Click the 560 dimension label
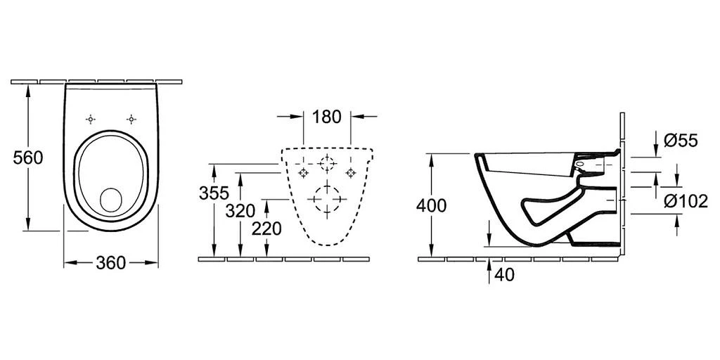(x=28, y=157)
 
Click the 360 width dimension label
(x=110, y=263)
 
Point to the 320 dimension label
(x=241, y=210)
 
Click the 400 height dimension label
(x=431, y=205)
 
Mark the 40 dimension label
(x=504, y=275)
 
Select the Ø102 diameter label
(x=686, y=201)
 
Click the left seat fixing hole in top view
(x=91, y=119)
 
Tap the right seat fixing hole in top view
(x=131, y=119)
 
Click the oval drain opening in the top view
(x=111, y=200)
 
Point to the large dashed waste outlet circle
(x=326, y=199)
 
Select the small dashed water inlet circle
(x=326, y=164)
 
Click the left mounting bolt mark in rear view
(x=303, y=173)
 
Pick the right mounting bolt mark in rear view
(x=350, y=173)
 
